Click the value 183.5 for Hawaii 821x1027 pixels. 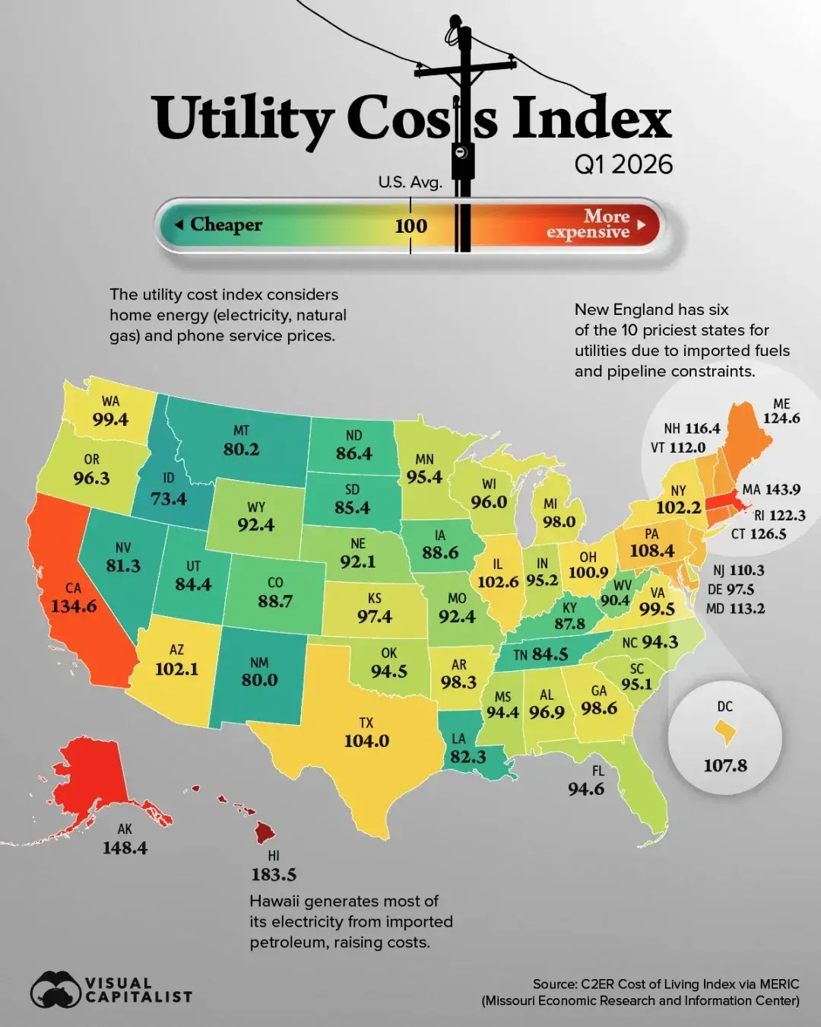pos(274,875)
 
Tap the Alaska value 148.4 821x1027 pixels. pos(125,847)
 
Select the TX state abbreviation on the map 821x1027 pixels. pos(366,723)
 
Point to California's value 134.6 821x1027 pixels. pos(74,606)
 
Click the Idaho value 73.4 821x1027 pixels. pos(169,499)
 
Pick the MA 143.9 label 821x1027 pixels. pos(772,489)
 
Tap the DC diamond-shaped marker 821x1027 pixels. pos(725,733)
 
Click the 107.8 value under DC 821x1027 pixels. pos(725,765)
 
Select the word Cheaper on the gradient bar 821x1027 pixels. pos(226,224)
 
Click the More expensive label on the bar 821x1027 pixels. pos(588,224)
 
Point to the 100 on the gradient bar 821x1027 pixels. pos(410,226)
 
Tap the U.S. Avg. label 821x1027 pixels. pos(410,182)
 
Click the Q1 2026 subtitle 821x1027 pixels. pos(623,164)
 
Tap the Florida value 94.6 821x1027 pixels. pos(586,789)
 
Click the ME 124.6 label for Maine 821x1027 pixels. pos(781,411)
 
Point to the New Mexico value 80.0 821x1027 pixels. pos(259,679)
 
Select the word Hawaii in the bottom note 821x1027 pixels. pos(274,901)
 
